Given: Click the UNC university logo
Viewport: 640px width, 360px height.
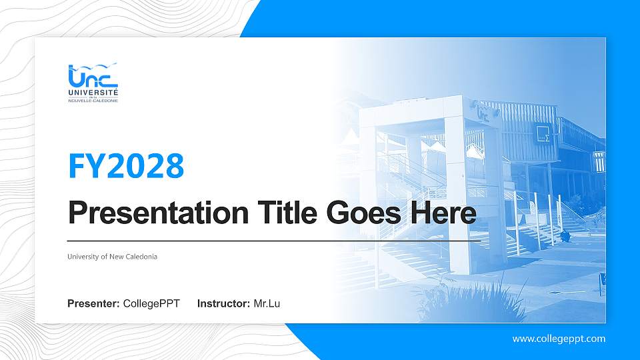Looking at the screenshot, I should [93, 83].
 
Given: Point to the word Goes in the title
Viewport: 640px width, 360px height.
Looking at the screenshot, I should [358, 213].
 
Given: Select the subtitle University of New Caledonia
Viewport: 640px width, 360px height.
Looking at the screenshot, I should [112, 257].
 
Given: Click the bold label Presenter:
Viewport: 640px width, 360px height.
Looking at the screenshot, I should [93, 304].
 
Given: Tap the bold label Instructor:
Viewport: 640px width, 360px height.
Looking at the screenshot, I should [224, 304].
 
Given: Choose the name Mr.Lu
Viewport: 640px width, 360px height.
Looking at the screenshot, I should [267, 304].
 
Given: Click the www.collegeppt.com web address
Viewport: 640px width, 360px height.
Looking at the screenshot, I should [559, 339].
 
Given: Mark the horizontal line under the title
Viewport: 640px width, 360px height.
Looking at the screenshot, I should [273, 240].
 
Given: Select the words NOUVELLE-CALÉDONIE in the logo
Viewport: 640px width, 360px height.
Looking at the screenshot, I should [93, 101].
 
